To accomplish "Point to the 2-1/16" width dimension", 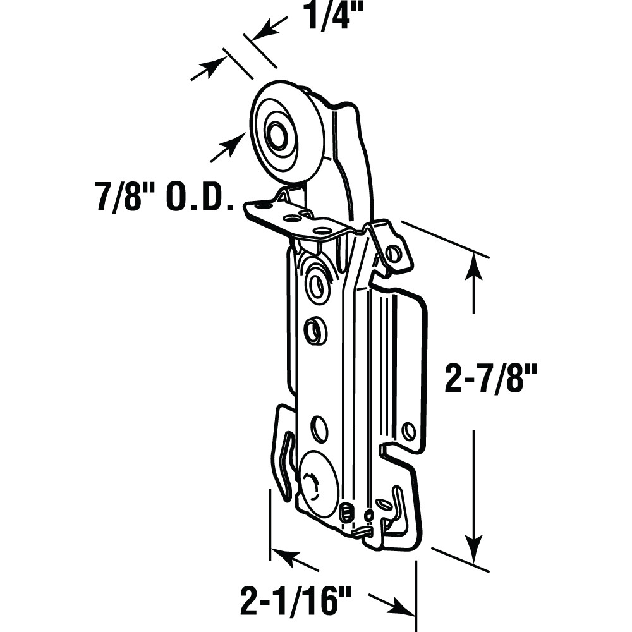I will click(x=295, y=600).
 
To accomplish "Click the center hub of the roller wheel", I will click(x=277, y=135).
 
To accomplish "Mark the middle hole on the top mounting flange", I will click(x=292, y=218).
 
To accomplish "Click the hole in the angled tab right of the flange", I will click(x=393, y=254).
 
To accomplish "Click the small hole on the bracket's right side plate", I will click(x=408, y=431).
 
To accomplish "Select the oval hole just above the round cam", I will click(x=320, y=430).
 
